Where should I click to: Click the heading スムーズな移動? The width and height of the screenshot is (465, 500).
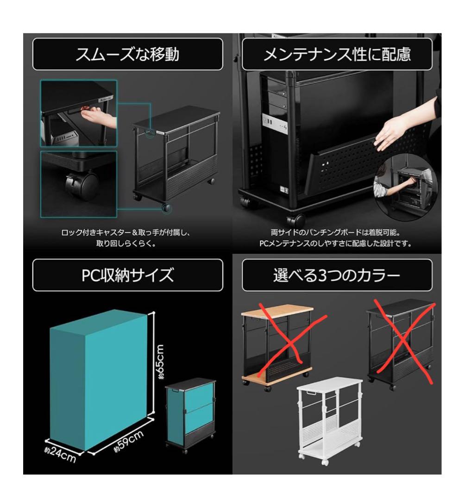click(x=127, y=54)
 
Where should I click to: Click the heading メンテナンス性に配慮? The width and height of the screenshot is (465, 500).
click(x=337, y=54)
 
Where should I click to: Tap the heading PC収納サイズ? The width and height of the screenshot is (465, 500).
click(x=127, y=275)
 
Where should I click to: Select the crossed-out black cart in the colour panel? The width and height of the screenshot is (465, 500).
click(x=401, y=343)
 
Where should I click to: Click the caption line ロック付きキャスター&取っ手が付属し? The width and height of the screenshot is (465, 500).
click(x=126, y=233)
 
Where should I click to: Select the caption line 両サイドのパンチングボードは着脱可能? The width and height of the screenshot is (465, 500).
click(x=337, y=233)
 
